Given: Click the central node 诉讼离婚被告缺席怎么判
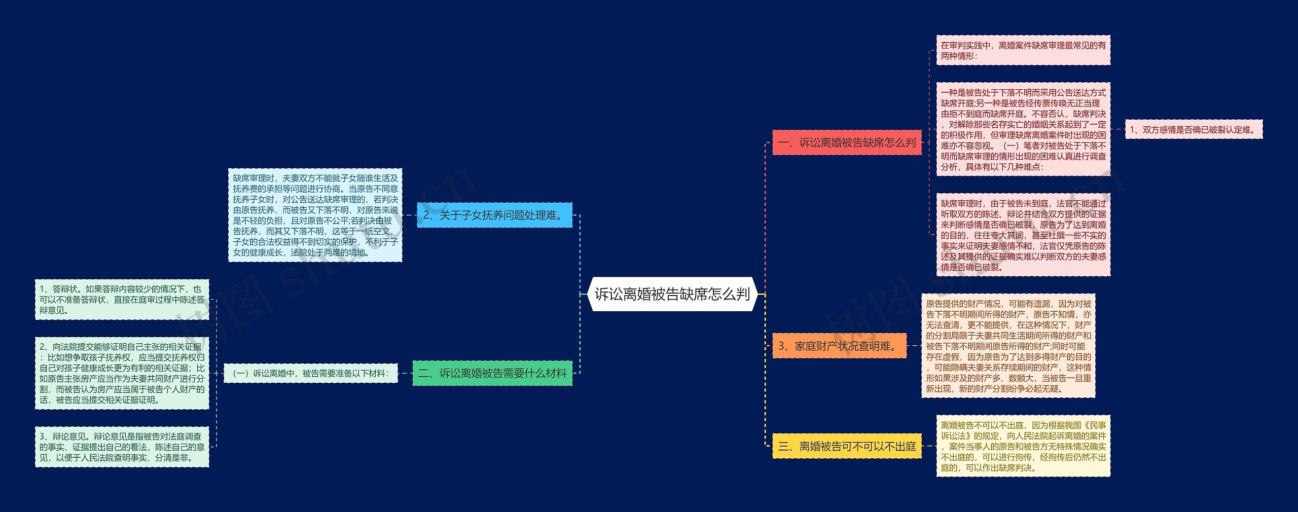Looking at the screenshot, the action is tap(672, 294).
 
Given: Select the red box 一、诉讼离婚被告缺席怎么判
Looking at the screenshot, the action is tap(847, 142).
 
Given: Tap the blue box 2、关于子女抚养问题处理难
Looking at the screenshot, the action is tap(494, 215).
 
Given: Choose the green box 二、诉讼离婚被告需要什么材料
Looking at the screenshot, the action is tap(492, 373).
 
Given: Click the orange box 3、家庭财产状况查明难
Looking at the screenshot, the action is tap(839, 346).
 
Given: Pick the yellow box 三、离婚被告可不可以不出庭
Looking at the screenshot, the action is tap(847, 446).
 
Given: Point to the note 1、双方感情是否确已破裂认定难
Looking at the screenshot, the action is tap(1194, 129).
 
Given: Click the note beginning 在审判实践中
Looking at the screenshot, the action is tap(1023, 50).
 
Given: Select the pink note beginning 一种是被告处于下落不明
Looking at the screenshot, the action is tap(1023, 129).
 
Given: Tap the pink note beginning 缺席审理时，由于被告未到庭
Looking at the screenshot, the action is tap(1023, 235).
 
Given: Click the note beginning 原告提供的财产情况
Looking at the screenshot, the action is tap(1008, 346).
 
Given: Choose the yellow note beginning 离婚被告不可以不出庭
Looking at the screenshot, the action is tap(1023, 446).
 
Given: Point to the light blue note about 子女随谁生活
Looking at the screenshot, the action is tap(315, 215).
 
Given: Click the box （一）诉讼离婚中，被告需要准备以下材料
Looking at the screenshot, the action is tap(311, 373).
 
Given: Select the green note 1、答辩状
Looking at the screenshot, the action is tap(122, 299).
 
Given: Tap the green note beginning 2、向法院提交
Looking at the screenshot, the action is tap(122, 373).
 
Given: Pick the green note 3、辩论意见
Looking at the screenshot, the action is tap(122, 447).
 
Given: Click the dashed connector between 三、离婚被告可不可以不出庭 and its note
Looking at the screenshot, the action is tap(929, 446).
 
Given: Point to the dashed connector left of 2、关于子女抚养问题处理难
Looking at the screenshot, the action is tap(409, 215).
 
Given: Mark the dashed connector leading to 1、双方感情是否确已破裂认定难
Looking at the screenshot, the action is tap(1117, 129).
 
